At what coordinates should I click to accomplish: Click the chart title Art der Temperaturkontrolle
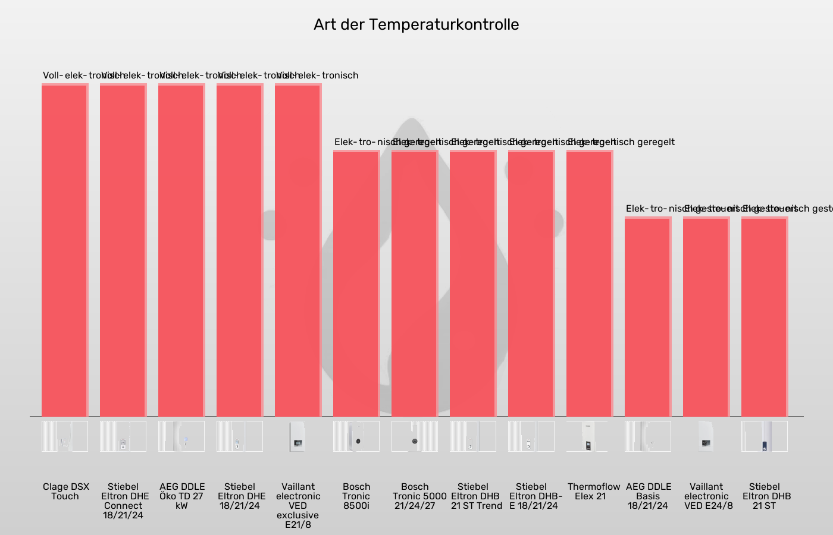click(416, 24)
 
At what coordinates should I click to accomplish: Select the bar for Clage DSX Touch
click(65, 250)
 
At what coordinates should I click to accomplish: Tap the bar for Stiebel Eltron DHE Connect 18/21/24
click(123, 250)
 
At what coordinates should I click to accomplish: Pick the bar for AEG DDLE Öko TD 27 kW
click(181, 250)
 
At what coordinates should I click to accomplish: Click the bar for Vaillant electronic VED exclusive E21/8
click(298, 250)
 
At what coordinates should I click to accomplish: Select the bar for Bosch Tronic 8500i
click(356, 284)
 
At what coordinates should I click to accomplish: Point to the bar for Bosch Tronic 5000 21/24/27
click(415, 284)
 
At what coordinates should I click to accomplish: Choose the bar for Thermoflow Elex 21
click(590, 284)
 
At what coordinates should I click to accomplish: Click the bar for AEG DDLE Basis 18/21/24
click(648, 317)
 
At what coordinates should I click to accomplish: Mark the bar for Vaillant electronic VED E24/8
click(706, 317)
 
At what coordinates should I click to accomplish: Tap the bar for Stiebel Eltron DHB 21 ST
click(765, 317)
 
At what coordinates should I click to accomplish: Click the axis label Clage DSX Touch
click(65, 491)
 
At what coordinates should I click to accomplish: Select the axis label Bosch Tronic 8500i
click(356, 496)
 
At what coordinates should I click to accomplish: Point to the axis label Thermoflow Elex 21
click(593, 491)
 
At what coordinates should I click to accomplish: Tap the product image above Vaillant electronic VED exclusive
click(298, 436)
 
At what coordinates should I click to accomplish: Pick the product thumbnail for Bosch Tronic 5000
click(415, 436)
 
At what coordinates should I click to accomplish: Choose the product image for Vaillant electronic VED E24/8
click(706, 436)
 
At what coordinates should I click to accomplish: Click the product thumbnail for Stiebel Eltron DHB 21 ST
click(765, 436)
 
